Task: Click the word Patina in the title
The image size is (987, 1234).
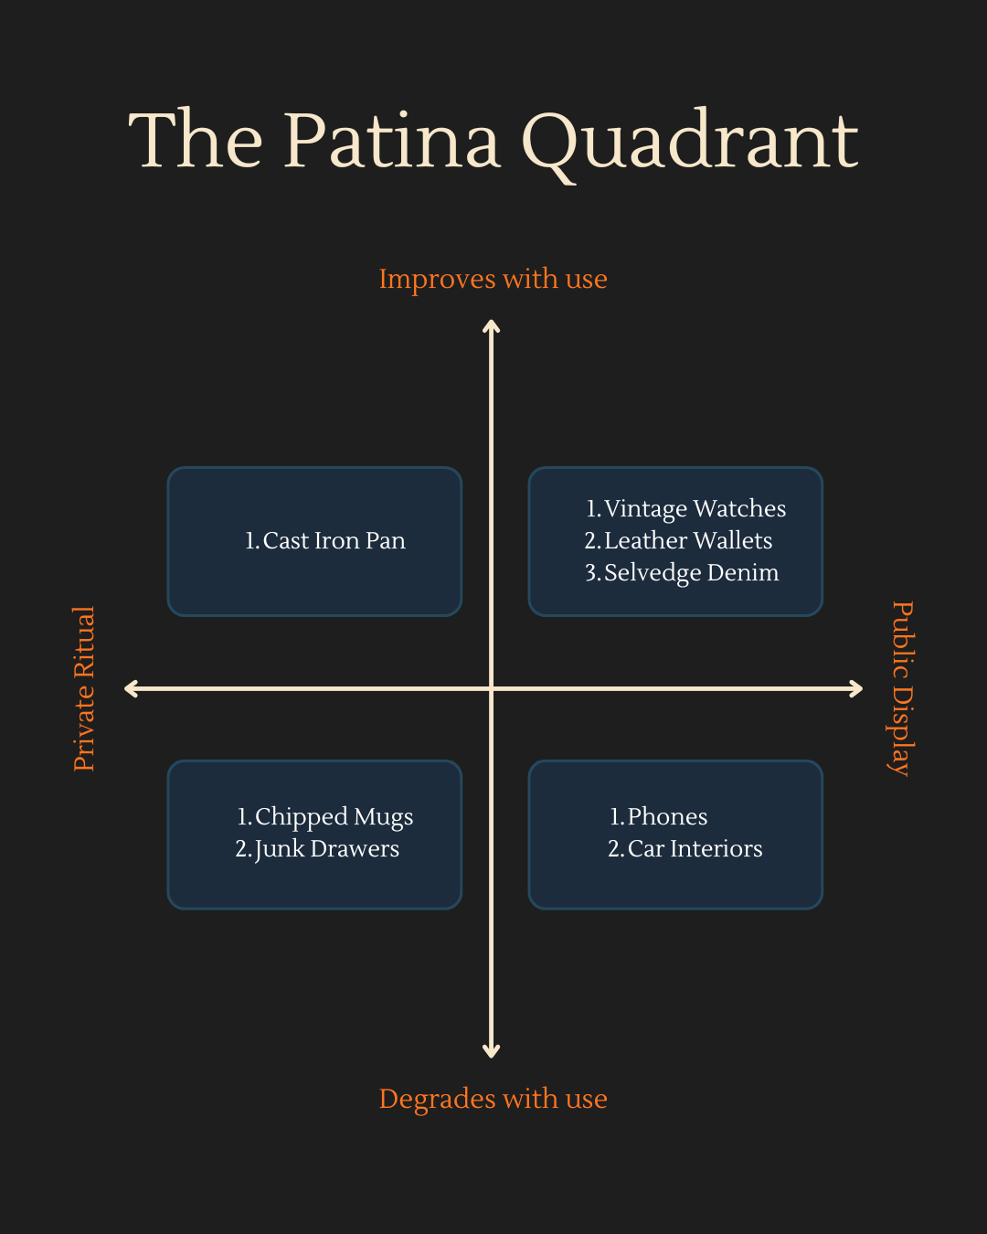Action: click(x=392, y=141)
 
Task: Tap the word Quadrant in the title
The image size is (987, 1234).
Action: click(x=690, y=143)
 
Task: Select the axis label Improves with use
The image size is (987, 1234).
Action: click(x=493, y=279)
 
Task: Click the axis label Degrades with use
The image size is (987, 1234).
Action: click(x=493, y=1099)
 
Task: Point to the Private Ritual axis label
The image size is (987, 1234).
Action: click(x=84, y=688)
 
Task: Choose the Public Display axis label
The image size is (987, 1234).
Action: click(x=902, y=688)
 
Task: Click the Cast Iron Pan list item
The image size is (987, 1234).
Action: click(x=325, y=541)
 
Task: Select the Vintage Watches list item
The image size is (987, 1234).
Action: click(x=686, y=508)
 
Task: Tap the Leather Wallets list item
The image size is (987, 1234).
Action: click(x=679, y=541)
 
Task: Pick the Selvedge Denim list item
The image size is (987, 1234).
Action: click(x=683, y=573)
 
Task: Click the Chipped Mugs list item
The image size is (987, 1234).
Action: click(x=325, y=816)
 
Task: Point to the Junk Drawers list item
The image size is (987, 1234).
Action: click(x=318, y=849)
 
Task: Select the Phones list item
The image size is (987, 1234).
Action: click(x=659, y=816)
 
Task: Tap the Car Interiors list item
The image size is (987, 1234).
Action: click(x=685, y=849)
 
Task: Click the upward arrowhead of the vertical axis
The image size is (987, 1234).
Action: click(x=492, y=324)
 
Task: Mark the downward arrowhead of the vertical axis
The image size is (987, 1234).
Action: click(x=492, y=1052)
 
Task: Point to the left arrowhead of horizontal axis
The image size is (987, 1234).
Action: click(x=130, y=688)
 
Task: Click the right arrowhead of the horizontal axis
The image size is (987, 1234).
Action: click(x=857, y=688)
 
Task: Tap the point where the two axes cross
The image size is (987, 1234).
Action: click(x=492, y=688)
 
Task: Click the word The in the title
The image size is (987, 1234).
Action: click(x=196, y=141)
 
